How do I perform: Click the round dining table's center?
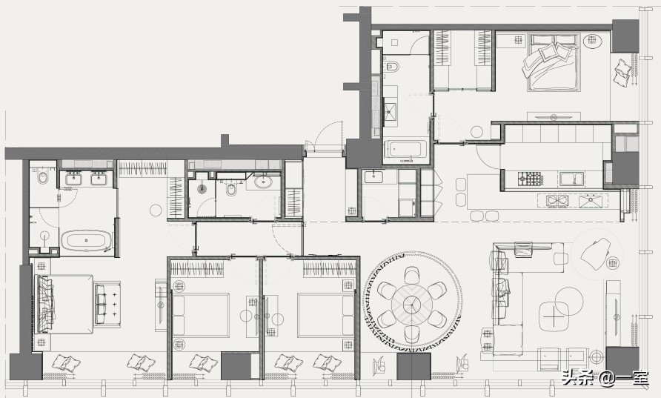click(x=412, y=304)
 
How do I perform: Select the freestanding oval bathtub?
click(x=87, y=240)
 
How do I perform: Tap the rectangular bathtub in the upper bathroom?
click(x=406, y=149)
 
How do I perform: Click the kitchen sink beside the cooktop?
click(x=571, y=179)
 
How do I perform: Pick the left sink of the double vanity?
click(x=74, y=179)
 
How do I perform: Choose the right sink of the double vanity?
click(x=99, y=179)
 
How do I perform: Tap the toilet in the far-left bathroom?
click(x=42, y=177)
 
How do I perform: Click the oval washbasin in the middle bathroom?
click(x=264, y=182)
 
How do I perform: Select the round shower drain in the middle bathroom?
click(x=202, y=189)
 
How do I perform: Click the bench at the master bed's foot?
click(x=107, y=304)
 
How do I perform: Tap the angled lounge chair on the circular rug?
click(x=595, y=253)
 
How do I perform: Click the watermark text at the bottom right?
click(x=604, y=378)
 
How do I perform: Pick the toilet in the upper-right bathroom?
click(x=392, y=67)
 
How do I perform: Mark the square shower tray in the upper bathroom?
click(x=390, y=111)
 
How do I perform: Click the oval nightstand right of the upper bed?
click(x=592, y=41)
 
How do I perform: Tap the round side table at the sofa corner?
click(x=596, y=357)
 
